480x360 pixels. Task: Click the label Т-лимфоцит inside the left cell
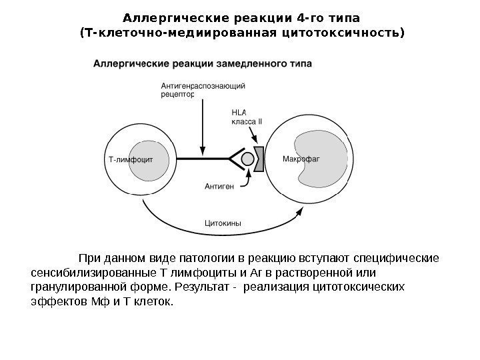coord(131,159)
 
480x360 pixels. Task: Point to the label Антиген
coord(219,187)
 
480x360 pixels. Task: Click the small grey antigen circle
coord(248,159)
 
